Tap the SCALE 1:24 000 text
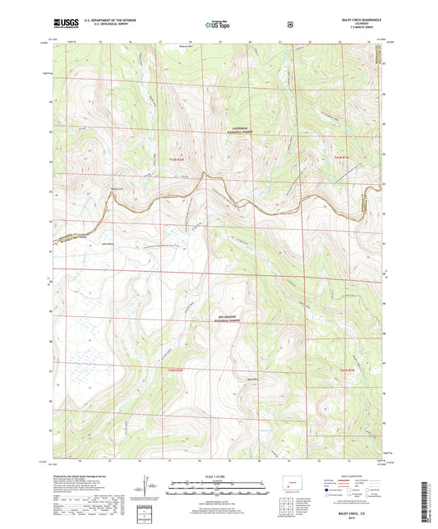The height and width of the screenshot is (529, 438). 219,477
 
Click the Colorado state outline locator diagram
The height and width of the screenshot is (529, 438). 292,482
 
